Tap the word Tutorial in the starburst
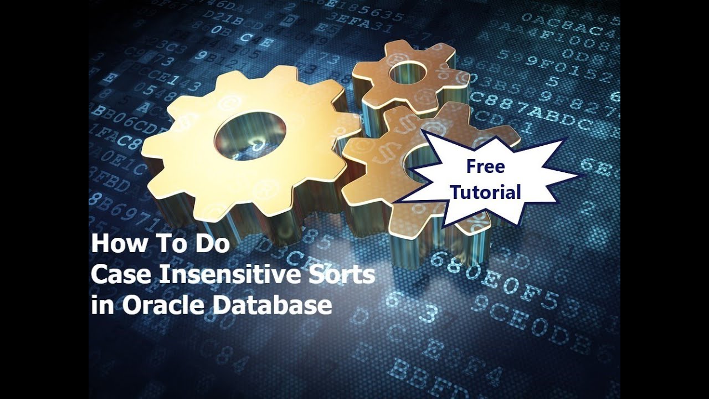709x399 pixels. [486, 192]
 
